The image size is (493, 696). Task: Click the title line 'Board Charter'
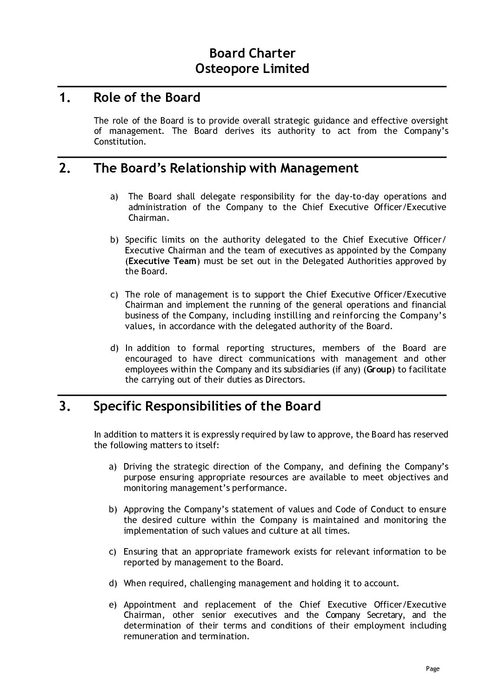click(x=252, y=53)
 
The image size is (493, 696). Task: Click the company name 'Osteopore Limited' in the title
click(x=252, y=69)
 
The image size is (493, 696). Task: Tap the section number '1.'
click(x=66, y=98)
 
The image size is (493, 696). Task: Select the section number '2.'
click(x=66, y=168)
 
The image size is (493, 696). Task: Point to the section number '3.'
click(x=66, y=407)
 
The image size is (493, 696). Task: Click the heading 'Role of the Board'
click(x=147, y=98)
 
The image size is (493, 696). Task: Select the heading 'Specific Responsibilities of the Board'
click(x=207, y=406)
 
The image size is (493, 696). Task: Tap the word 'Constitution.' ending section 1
click(x=120, y=141)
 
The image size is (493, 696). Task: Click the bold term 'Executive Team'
click(x=162, y=261)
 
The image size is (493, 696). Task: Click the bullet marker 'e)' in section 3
click(x=113, y=605)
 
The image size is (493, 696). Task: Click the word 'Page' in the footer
click(x=433, y=669)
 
